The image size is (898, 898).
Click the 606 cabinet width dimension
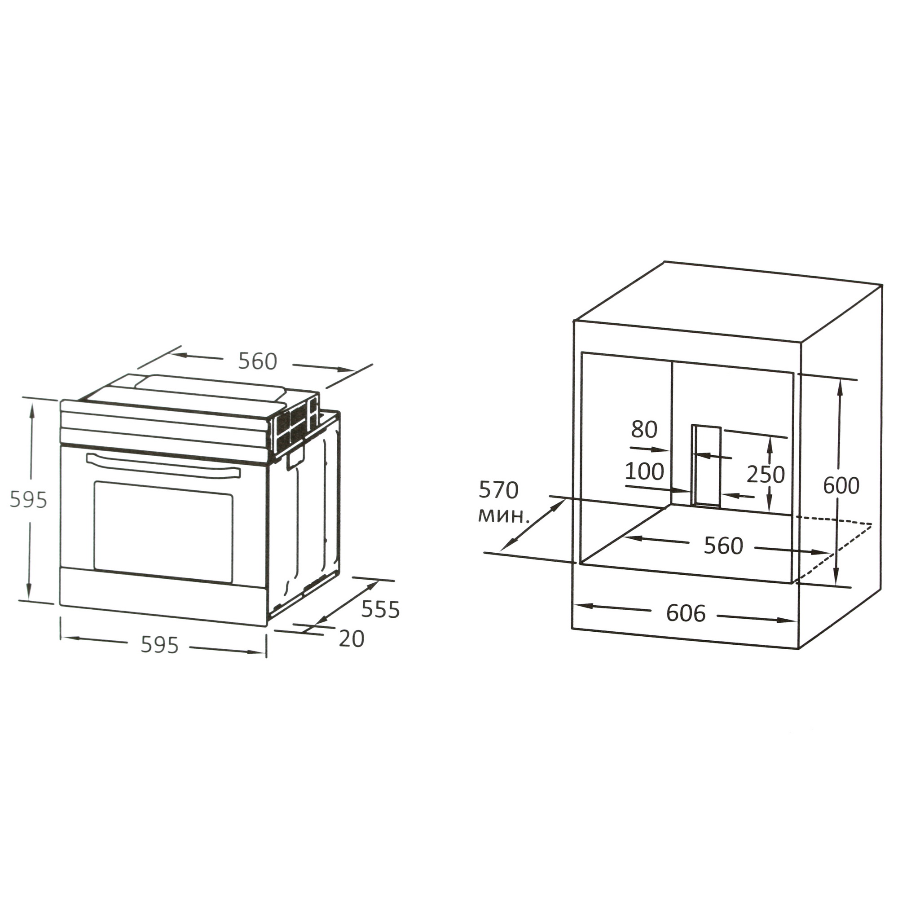pyautogui.click(x=686, y=613)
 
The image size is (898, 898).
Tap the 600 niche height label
pyautogui.click(x=841, y=486)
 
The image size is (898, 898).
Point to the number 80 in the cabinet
pyautogui.click(x=644, y=430)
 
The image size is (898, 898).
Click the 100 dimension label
pyautogui.click(x=644, y=471)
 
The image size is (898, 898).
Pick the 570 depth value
pyautogui.click(x=498, y=490)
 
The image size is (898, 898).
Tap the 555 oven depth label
pyautogui.click(x=380, y=610)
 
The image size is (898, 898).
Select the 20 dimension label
pyautogui.click(x=352, y=639)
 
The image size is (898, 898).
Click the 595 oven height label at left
pyautogui.click(x=28, y=500)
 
